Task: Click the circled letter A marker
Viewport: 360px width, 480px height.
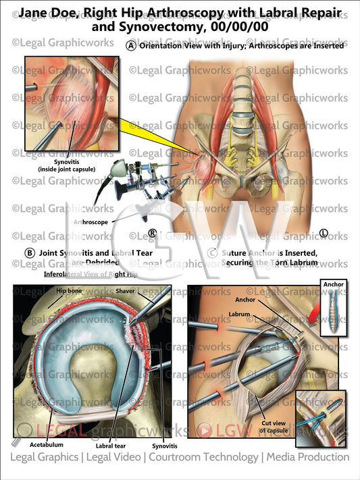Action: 131,46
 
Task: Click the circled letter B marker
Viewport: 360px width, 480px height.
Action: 30,253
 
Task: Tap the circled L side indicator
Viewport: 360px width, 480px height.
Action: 324,234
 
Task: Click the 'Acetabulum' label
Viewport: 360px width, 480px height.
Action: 47,446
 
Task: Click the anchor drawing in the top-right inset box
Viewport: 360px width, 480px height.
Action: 332,309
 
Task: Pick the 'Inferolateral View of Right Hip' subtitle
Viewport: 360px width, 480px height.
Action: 90,275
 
